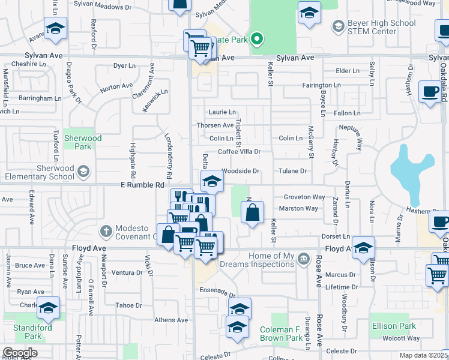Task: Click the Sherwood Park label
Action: pyautogui.click(x=83, y=142)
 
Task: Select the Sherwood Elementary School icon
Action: pyautogui.click(x=83, y=172)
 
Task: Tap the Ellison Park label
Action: pyautogui.click(x=393, y=326)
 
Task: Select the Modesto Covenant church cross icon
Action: pyautogui.click(x=106, y=230)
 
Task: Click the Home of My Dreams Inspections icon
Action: pyautogui.click(x=304, y=259)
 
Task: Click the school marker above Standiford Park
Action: pyautogui.click(x=49, y=308)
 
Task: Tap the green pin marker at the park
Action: pyautogui.click(x=258, y=40)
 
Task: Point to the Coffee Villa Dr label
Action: pyautogui.click(x=239, y=152)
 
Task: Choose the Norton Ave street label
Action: pyautogui.click(x=116, y=87)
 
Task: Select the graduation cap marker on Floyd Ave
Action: pyautogui.click(x=364, y=247)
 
